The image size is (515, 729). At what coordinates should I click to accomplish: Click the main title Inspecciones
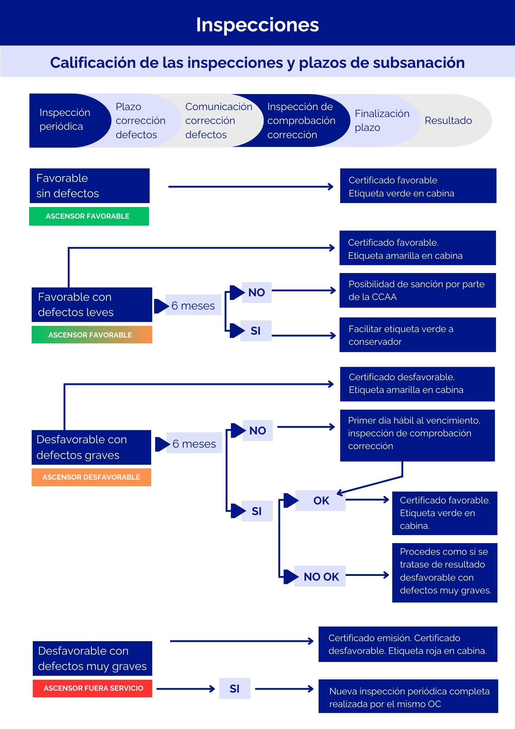257,25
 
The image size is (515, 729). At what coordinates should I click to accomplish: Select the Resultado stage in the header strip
448,120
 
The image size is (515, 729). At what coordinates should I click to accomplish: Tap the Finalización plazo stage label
382,120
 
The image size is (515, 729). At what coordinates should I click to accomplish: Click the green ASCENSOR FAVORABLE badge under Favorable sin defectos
89,216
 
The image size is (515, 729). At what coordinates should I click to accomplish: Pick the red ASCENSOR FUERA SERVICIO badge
93,688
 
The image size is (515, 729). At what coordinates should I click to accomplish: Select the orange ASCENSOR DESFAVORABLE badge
91,477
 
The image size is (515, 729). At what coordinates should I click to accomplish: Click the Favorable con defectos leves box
92,305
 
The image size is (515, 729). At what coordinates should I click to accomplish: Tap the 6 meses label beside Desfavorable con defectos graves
194,443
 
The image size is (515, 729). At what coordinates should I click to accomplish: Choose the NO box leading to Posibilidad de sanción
256,292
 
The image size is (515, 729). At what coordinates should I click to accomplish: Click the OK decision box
321,500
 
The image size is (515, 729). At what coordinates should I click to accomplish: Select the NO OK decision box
320,576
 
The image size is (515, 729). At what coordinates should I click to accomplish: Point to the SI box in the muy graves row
235,688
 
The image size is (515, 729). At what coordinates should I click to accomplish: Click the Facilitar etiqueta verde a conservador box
418,335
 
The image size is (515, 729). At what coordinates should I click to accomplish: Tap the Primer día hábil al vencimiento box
417,436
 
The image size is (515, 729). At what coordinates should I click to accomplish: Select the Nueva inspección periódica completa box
408,696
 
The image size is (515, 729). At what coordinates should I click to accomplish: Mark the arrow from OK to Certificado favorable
367,499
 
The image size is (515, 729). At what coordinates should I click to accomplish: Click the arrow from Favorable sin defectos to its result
251,187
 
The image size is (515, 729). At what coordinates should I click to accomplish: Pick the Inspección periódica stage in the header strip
65,120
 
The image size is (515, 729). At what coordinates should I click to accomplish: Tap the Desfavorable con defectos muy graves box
93,658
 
